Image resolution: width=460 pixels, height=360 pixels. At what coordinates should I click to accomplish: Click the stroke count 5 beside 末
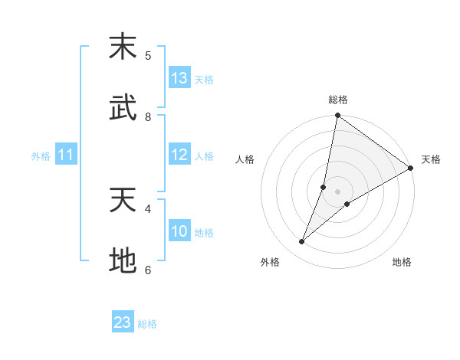click(148, 55)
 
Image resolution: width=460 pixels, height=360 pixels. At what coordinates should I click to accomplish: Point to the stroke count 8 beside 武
click(148, 116)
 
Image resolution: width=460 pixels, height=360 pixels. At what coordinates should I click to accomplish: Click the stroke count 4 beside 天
click(148, 208)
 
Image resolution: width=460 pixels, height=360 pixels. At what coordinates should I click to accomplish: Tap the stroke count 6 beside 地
click(148, 270)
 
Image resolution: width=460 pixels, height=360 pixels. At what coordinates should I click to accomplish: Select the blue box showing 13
click(179, 78)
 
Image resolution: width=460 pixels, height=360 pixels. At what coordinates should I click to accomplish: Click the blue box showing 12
click(179, 155)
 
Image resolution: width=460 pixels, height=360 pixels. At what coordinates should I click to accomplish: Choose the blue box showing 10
click(179, 231)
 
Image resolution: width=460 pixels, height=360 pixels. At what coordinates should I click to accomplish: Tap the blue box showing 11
click(66, 155)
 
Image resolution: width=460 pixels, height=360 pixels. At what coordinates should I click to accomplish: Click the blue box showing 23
click(123, 322)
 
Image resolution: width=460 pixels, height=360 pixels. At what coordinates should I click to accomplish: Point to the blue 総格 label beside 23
click(147, 324)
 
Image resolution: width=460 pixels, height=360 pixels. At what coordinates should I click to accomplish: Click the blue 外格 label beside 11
click(41, 156)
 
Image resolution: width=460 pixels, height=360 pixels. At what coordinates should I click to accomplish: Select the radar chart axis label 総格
click(338, 100)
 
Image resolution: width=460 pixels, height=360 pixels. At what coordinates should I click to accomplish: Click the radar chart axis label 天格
click(431, 159)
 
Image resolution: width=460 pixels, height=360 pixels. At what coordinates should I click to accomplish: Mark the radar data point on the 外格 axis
click(302, 242)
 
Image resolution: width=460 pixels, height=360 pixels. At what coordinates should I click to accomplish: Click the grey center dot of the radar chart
click(338, 191)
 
